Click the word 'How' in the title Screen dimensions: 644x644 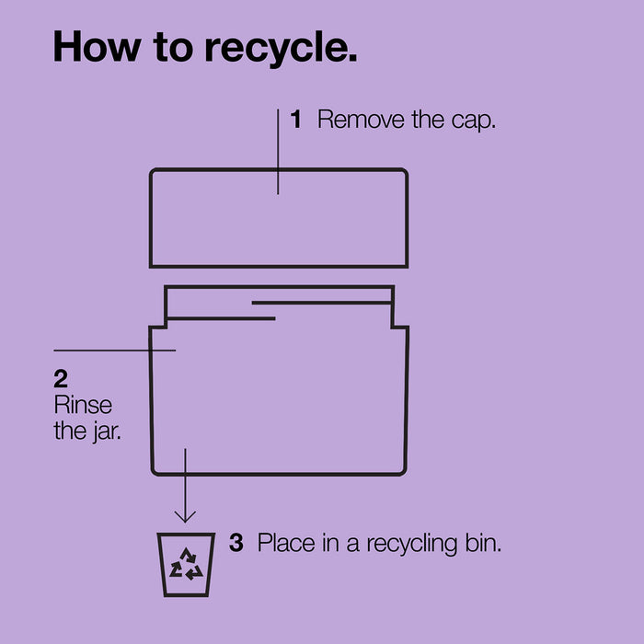tap(98, 46)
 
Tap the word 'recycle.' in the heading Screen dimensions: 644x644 tap(281, 49)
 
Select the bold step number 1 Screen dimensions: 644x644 tap(295, 119)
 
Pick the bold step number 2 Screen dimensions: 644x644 tap(61, 379)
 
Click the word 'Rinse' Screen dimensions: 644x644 tap(83, 405)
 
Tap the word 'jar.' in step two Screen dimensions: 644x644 tap(107, 432)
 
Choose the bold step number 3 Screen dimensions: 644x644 tap(236, 543)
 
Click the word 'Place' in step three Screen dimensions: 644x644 tap(286, 543)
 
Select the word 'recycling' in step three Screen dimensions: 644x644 tap(412, 545)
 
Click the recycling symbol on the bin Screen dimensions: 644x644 tap(187, 564)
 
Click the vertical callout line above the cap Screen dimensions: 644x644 tap(278, 152)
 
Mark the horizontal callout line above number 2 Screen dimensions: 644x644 tap(115, 351)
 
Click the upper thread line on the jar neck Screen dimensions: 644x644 tap(321, 303)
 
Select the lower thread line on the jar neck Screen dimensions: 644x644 tap(221, 318)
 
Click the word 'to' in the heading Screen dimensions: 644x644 tap(173, 47)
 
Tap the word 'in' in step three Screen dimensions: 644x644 tap(330, 543)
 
